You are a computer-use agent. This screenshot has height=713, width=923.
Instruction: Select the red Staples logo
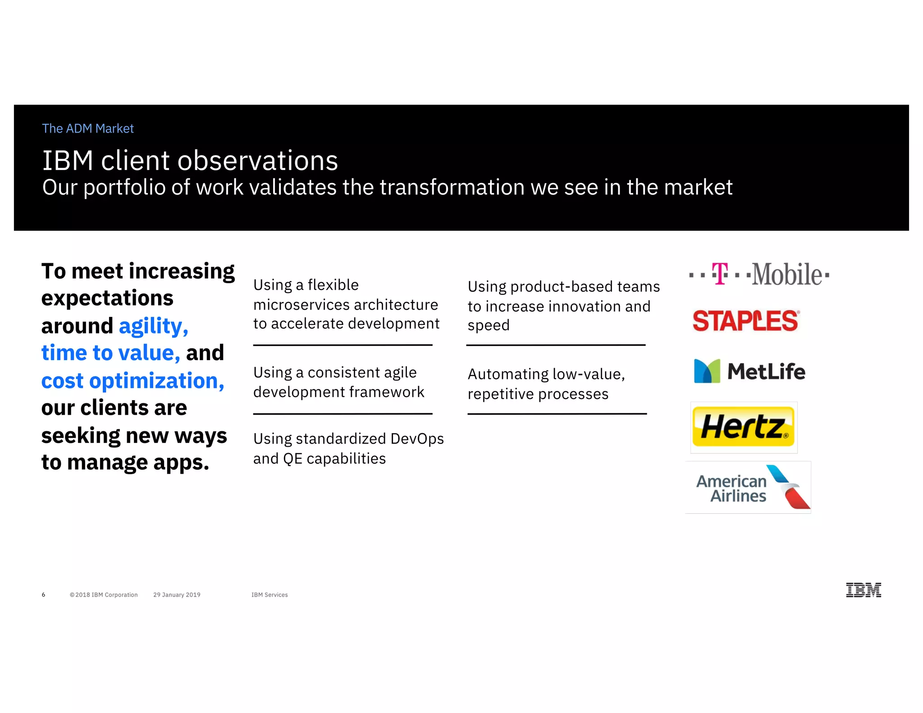click(x=746, y=321)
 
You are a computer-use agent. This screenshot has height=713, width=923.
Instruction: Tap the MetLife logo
click(x=749, y=371)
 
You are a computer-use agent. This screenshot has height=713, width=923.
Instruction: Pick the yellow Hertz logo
click(x=744, y=427)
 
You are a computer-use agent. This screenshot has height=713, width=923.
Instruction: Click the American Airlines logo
click(x=748, y=488)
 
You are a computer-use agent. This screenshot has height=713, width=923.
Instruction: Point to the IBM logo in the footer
click(x=863, y=590)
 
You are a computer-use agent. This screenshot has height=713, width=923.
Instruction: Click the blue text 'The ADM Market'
click(x=88, y=129)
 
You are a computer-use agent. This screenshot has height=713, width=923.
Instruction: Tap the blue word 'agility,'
click(x=153, y=326)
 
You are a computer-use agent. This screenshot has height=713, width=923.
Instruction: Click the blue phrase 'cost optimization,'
click(x=133, y=381)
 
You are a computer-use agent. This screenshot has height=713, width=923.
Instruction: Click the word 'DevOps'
click(x=417, y=439)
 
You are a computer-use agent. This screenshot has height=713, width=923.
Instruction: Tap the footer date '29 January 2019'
click(x=177, y=595)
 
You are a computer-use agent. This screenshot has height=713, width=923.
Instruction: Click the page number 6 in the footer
click(x=44, y=595)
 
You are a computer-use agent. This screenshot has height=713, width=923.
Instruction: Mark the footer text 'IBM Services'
click(x=270, y=595)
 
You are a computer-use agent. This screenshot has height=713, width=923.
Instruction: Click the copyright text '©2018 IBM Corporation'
click(x=104, y=595)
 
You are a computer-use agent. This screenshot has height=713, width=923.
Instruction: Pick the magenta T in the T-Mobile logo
click(x=720, y=273)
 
